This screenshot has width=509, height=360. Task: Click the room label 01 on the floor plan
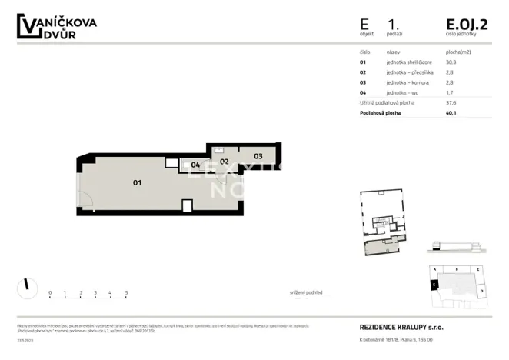(x=138, y=182)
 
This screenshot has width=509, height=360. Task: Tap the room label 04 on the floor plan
(x=195, y=165)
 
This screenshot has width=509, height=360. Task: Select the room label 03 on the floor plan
(x=258, y=155)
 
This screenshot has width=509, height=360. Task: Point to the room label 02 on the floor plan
(x=225, y=162)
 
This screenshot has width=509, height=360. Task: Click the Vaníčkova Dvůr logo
(x=57, y=27)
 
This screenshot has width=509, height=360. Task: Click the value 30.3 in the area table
(x=451, y=62)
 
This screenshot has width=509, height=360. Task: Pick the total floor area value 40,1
(x=451, y=112)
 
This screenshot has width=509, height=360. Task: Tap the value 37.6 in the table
(x=451, y=102)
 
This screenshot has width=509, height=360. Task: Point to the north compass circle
(x=27, y=288)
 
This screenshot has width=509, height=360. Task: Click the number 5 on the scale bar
(x=125, y=292)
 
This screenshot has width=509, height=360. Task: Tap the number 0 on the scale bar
(x=50, y=292)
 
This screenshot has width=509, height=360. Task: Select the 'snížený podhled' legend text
(x=306, y=292)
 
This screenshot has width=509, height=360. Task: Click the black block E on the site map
(x=434, y=284)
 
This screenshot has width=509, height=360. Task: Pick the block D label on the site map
(x=481, y=292)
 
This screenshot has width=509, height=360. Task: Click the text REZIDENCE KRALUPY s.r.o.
(x=401, y=327)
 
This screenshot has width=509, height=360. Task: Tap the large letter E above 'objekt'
(x=364, y=24)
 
